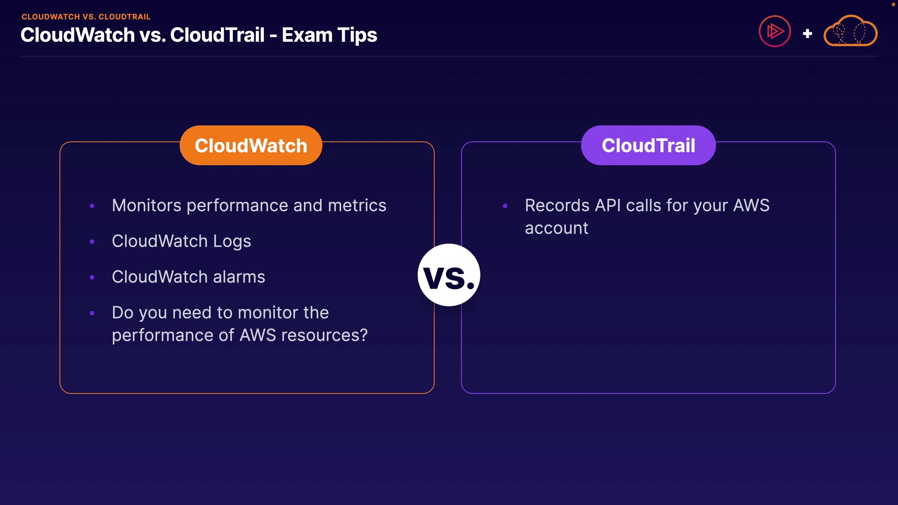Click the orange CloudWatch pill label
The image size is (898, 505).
[x=251, y=145]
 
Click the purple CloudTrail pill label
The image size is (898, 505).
[x=648, y=145]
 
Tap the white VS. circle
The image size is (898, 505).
[x=449, y=275]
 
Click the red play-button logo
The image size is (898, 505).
[x=775, y=31]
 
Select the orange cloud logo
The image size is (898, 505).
[x=850, y=31]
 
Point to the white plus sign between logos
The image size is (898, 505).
[x=807, y=34]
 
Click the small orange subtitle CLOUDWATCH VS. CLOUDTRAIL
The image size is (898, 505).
[x=86, y=17]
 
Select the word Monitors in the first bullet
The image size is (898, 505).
[x=146, y=205]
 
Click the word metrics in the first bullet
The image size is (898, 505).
[x=357, y=205]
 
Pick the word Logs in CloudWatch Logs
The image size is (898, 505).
[x=232, y=242]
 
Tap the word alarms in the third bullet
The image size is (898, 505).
[x=239, y=277]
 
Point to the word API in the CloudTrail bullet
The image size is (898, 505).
[x=608, y=205]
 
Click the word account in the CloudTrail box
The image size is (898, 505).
[x=557, y=229]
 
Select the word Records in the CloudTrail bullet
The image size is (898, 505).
[x=557, y=205]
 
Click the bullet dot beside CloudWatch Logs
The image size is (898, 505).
[x=92, y=242]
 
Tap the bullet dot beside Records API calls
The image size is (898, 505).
[x=505, y=206]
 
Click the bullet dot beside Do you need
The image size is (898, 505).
[x=92, y=313]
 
